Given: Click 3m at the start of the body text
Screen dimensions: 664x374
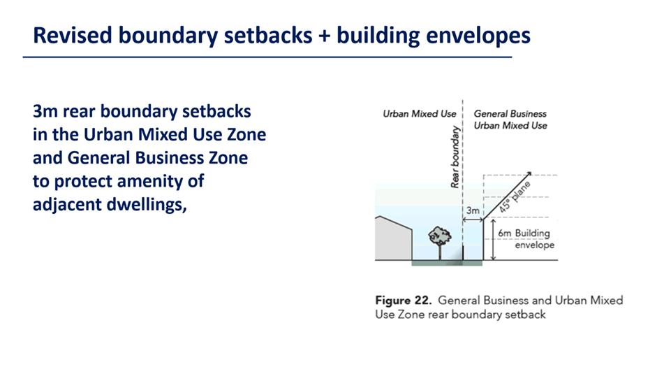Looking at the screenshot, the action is click(45, 112).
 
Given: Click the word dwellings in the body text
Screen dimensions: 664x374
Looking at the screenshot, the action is click(146, 205).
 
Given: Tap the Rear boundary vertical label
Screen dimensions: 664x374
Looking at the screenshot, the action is click(455, 157).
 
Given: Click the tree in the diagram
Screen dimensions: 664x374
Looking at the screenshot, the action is click(440, 242).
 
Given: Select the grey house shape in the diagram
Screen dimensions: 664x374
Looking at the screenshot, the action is click(394, 238).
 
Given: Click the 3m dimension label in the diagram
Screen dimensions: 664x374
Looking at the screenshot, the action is click(473, 210).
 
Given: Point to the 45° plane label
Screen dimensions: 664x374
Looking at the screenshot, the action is click(514, 197).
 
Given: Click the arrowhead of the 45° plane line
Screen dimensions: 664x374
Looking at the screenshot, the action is click(529, 174).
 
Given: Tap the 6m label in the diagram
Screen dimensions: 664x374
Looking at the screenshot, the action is click(505, 233).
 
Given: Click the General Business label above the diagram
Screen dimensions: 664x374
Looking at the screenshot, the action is click(510, 114).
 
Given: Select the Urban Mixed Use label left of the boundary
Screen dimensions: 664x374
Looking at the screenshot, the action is click(419, 114).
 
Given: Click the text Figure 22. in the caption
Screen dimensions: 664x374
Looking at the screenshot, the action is click(403, 301).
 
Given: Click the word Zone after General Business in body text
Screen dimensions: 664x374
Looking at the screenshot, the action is click(228, 158).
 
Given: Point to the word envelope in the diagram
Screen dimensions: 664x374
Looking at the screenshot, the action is click(534, 245).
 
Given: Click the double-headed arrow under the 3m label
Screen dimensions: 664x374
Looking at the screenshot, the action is click(473, 220).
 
